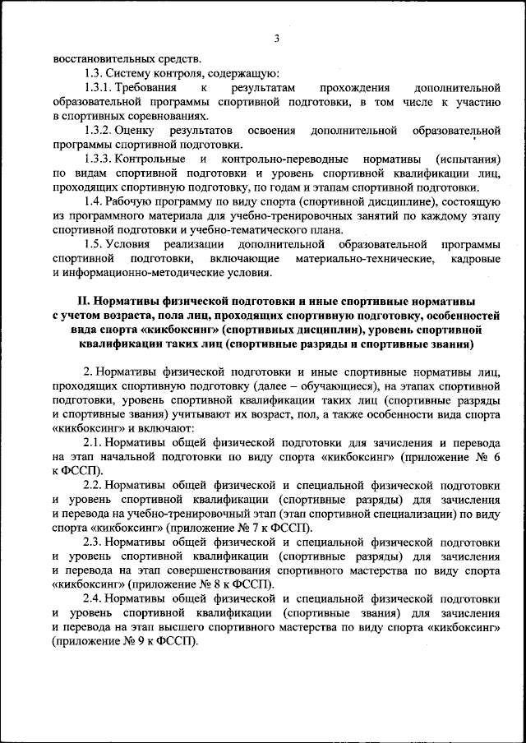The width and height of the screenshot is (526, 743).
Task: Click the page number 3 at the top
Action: (277, 39)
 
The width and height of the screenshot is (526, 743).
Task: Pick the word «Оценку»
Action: (134, 131)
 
